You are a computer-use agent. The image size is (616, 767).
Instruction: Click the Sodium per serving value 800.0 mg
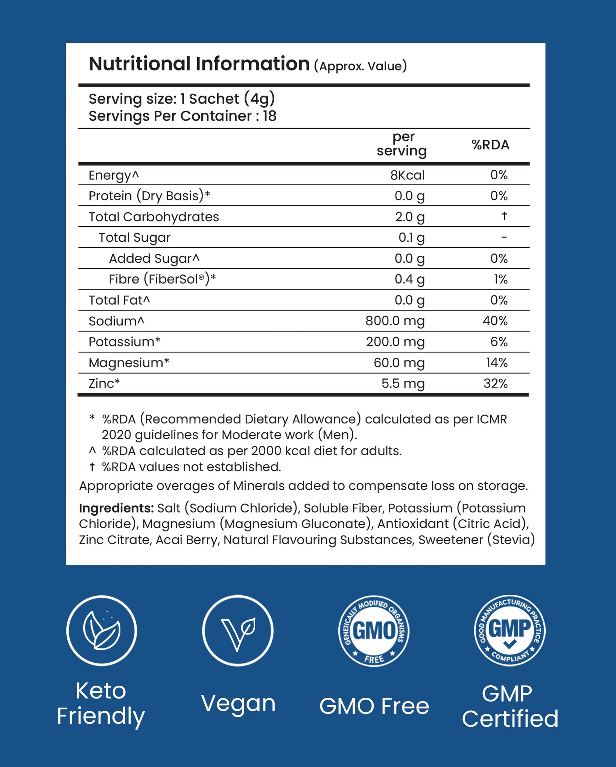coord(395,321)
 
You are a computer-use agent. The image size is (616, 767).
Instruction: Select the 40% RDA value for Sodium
coord(495,321)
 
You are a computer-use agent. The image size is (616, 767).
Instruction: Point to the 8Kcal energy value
coord(407,175)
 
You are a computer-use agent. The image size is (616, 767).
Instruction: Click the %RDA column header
coord(490,145)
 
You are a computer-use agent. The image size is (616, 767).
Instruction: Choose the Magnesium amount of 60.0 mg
coord(399,363)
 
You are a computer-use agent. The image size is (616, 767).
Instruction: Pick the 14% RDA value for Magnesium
coord(497,363)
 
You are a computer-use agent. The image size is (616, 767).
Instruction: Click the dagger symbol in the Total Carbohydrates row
coord(504,216)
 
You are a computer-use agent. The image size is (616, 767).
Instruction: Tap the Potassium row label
coord(124,342)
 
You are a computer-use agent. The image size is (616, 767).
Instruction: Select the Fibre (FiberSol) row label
coord(162,279)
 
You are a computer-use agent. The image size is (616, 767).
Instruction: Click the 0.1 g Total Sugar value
coord(411,238)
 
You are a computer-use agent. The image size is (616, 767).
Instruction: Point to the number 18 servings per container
coord(269,116)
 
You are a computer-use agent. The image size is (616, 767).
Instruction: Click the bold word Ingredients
coord(116,508)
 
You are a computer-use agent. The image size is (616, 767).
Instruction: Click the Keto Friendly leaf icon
coord(102,631)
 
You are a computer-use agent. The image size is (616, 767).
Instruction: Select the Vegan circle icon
coord(238,631)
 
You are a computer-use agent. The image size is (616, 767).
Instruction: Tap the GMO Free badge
coord(374,631)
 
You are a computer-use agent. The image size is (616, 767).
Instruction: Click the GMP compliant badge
coord(510,631)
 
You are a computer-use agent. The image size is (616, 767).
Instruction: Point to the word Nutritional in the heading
coord(140,64)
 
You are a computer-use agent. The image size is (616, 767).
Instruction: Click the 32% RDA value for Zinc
coord(495,383)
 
